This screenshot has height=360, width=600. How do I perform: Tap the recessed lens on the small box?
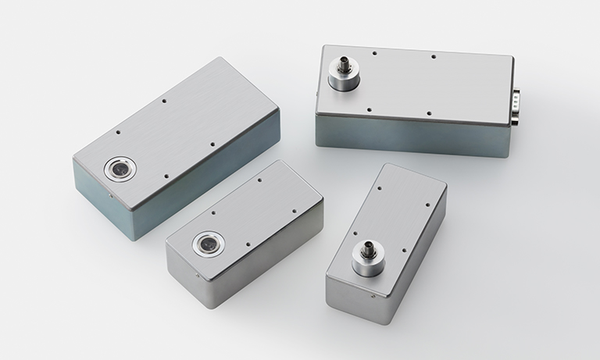pos(207,244)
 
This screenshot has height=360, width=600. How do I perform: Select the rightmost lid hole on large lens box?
pos(213,144)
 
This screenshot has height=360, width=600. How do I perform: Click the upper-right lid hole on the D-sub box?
pos(433,57)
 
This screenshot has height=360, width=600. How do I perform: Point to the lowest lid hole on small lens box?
pos(248,244)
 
